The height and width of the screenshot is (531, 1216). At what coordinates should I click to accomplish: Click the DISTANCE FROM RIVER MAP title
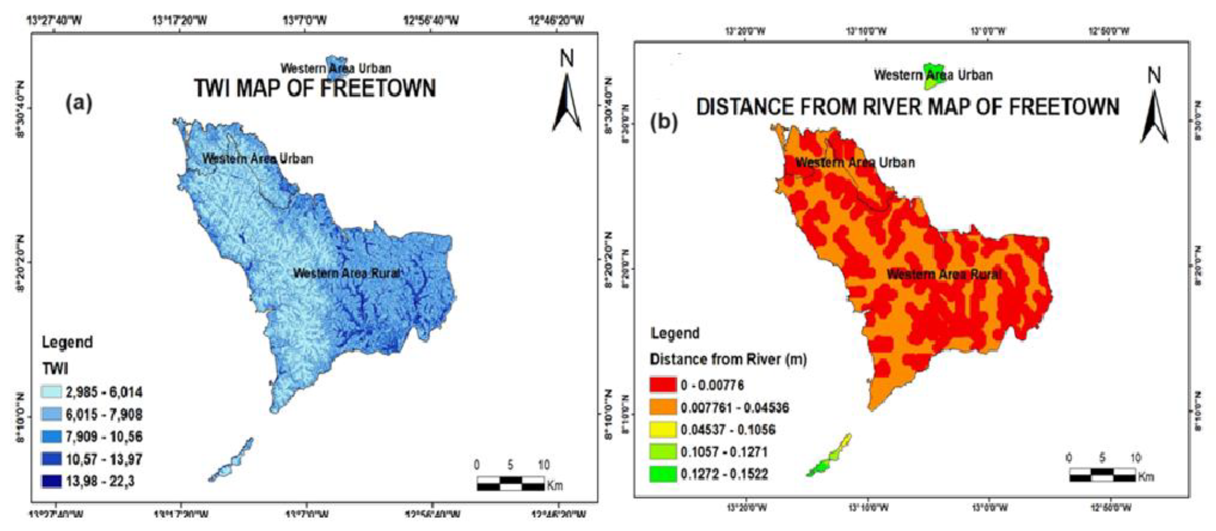[x=907, y=107]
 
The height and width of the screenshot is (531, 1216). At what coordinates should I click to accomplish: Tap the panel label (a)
[x=79, y=103]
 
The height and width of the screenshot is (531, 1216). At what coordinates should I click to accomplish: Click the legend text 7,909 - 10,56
[x=104, y=436]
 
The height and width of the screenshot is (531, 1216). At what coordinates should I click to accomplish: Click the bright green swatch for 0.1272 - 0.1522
[x=663, y=474]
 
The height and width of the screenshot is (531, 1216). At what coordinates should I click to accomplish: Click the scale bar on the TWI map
[x=510, y=483]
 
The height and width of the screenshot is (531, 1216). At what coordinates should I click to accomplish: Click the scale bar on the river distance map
[x=1102, y=475]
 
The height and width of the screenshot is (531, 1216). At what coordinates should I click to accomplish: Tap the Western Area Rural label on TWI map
[x=347, y=273]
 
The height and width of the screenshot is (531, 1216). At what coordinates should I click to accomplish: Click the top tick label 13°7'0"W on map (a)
[x=305, y=21]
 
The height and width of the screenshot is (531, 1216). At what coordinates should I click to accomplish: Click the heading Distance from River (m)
[x=728, y=359]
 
